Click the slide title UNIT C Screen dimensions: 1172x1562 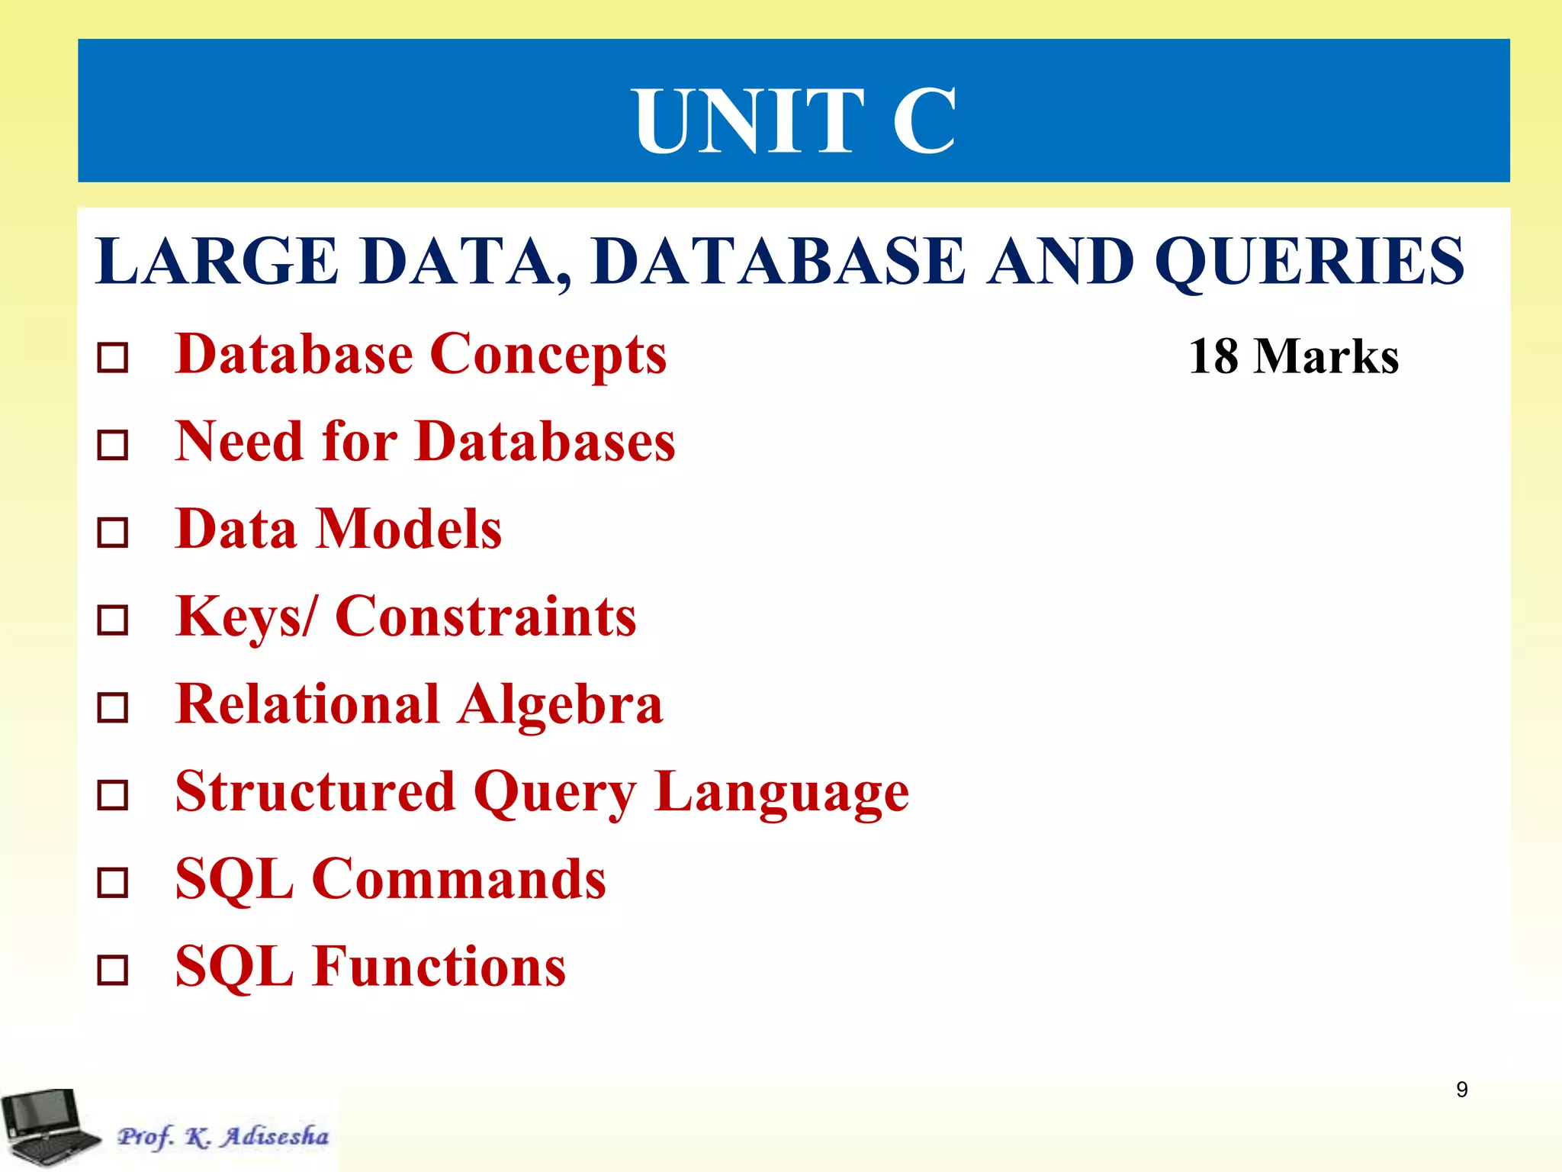pyautogui.click(x=794, y=121)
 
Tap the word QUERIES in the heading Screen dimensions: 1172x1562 pyautogui.click(x=1309, y=262)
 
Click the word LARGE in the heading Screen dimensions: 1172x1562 pyautogui.click(x=217, y=262)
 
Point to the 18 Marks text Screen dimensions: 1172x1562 pyautogui.click(x=1294, y=356)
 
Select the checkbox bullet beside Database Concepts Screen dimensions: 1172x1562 pyautogui.click(x=113, y=357)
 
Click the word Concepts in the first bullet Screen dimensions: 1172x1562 pyautogui.click(x=548, y=355)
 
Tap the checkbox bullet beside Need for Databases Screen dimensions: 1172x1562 pyautogui.click(x=113, y=445)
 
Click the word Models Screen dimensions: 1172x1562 pyautogui.click(x=409, y=529)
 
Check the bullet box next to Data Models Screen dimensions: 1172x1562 pyautogui.click(x=113, y=533)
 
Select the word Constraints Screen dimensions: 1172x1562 pyautogui.click(x=486, y=617)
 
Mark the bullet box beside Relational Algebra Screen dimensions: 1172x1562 pyautogui.click(x=113, y=707)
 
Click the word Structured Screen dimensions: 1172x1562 pyautogui.click(x=315, y=791)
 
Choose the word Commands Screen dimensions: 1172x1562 pyautogui.click(x=459, y=879)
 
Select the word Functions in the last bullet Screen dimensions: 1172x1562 pyautogui.click(x=439, y=967)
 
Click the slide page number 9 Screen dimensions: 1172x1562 pyautogui.click(x=1461, y=1089)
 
